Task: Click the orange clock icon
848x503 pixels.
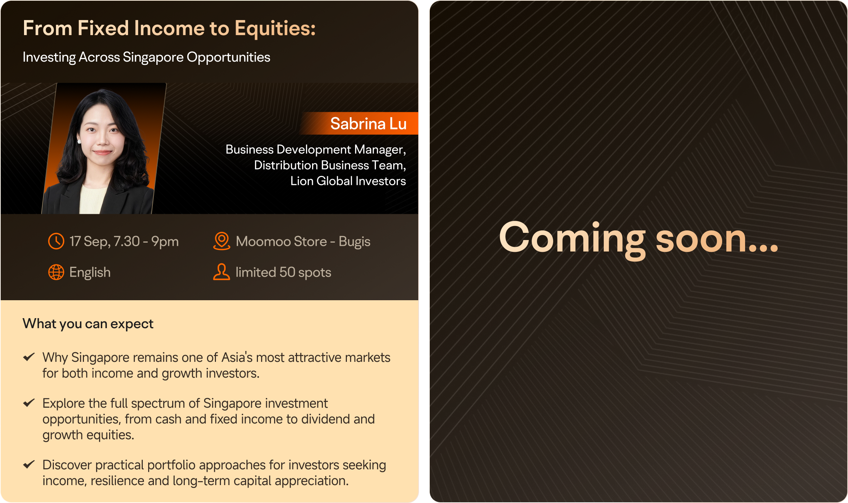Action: click(56, 241)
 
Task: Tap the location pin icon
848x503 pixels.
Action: click(222, 241)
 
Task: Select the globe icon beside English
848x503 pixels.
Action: click(56, 272)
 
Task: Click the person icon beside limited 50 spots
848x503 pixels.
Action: click(222, 272)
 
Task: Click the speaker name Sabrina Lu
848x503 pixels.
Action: click(368, 124)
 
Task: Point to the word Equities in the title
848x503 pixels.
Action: click(275, 29)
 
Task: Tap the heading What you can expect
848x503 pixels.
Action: click(88, 324)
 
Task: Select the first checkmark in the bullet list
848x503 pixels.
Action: click(29, 357)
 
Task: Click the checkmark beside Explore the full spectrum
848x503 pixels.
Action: click(29, 403)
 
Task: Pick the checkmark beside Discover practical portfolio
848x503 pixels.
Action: click(29, 464)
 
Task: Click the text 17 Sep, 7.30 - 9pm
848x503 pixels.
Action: click(124, 242)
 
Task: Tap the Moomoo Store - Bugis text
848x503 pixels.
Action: click(303, 242)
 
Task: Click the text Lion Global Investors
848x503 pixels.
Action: click(348, 181)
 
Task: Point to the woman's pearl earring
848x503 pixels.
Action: click(79, 142)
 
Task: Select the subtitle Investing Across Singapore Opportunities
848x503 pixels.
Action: click(146, 57)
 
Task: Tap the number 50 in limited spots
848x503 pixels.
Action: click(287, 272)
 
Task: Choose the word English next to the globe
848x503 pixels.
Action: click(90, 273)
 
